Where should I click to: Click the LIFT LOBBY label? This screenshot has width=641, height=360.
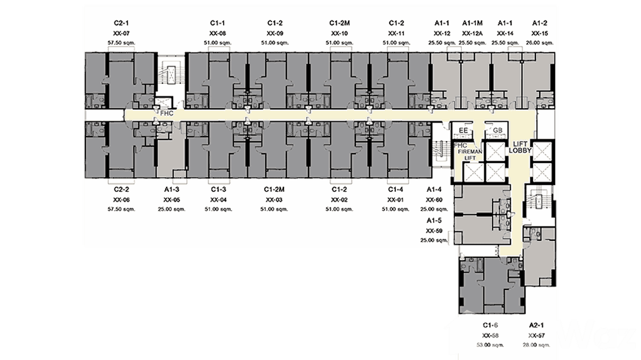point(520,147)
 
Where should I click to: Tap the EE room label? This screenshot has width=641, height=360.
point(462,130)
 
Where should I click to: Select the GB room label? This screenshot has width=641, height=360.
point(497,130)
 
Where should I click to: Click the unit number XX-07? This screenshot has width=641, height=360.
point(122,33)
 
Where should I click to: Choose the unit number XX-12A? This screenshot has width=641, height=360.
point(472,33)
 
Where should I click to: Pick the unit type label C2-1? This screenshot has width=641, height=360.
point(122,23)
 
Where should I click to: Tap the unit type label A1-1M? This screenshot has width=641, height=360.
point(472,23)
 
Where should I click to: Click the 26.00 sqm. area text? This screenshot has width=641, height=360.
point(539,43)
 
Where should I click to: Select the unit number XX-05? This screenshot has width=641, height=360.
point(171,200)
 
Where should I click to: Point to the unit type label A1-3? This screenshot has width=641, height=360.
point(171,189)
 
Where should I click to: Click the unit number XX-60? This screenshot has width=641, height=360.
point(435,200)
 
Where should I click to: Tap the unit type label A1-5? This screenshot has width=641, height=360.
point(435,221)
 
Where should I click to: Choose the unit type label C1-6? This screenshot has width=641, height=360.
point(491,325)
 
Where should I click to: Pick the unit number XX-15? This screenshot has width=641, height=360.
point(539,33)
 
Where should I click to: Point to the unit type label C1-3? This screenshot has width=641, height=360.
point(218,189)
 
